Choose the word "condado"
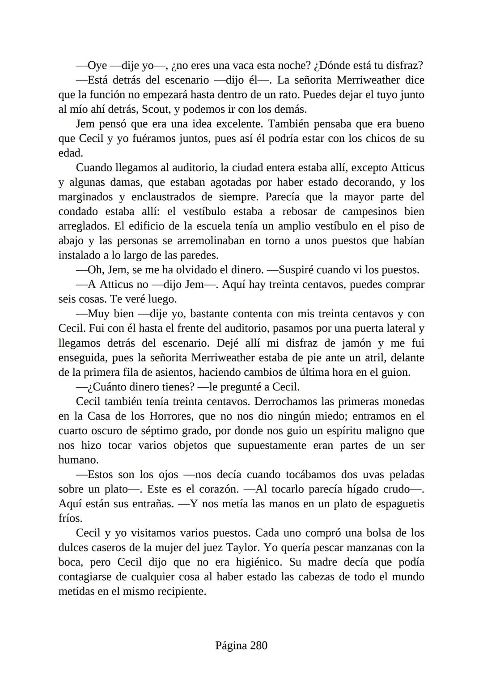[x=77, y=212]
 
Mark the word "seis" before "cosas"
[x=68, y=299]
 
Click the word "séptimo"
[x=160, y=431]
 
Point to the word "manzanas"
[x=369, y=548]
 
